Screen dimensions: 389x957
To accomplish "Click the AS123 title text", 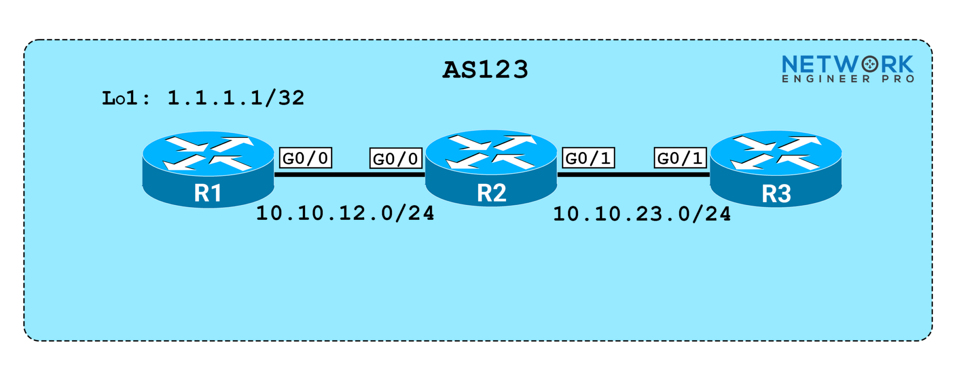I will (x=485, y=70).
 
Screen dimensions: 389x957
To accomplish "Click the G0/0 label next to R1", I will (x=306, y=158).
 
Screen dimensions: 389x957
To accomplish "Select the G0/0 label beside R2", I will (x=396, y=158).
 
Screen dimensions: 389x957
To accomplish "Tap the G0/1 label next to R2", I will (x=588, y=158).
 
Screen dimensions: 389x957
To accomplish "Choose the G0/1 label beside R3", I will (x=680, y=158).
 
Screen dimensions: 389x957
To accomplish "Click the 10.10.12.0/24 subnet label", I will (x=345, y=213).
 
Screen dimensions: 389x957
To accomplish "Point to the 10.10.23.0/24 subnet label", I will (x=642, y=214).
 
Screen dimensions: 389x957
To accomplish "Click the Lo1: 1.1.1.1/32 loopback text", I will (x=203, y=98).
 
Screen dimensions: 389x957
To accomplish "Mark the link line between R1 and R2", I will (x=350, y=174).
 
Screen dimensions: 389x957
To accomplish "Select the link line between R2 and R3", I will (x=633, y=174).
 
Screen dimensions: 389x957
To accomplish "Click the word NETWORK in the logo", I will (x=847, y=65).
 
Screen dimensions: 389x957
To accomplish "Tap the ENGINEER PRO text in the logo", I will (x=848, y=79).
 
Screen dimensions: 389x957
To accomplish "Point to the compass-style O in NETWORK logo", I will (x=870, y=64).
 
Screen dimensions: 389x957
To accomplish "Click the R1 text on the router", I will (x=208, y=193).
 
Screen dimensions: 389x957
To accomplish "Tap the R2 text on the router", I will (x=491, y=193).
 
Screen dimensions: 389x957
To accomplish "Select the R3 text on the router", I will (x=776, y=194).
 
